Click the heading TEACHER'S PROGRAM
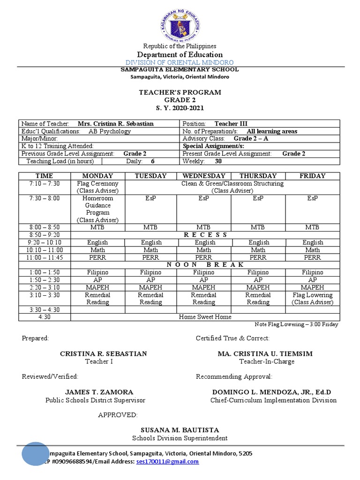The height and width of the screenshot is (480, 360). (x=180, y=92)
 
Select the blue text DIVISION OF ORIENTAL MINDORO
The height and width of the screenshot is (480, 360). (x=180, y=62)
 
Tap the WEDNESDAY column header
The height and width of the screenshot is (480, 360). (x=205, y=176)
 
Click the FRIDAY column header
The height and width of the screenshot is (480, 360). (x=312, y=176)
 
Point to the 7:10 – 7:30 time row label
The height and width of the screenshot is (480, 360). (x=44, y=184)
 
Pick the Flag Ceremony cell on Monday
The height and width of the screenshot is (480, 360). (x=97, y=187)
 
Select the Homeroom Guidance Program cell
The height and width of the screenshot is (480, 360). (x=97, y=209)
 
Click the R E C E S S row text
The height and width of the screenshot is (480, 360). (x=205, y=234)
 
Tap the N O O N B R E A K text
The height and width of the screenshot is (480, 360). (x=205, y=264)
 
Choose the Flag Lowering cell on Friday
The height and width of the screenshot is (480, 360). (x=312, y=299)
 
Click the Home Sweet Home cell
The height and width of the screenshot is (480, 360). (x=205, y=317)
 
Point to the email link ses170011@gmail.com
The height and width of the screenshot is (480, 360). (x=167, y=461)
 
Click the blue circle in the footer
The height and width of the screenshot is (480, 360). (x=35, y=454)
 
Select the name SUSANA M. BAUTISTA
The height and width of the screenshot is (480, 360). (x=180, y=430)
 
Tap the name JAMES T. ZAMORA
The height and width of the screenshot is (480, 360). (x=99, y=392)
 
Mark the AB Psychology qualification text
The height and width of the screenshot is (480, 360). (x=110, y=131)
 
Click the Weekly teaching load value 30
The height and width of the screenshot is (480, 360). (x=218, y=161)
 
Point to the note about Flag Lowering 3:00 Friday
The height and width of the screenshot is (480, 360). (x=296, y=324)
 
